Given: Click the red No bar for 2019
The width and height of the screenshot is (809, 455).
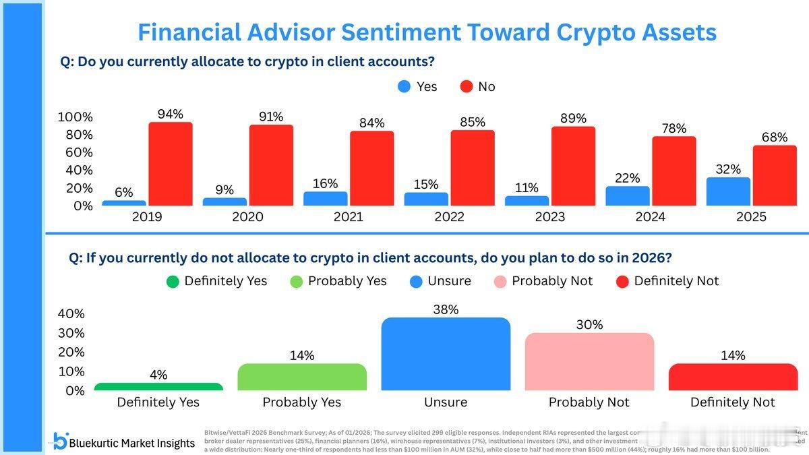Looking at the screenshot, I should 171,164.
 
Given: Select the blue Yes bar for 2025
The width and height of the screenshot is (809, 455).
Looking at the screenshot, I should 728,191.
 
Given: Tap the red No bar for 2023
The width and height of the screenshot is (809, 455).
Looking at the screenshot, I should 573,166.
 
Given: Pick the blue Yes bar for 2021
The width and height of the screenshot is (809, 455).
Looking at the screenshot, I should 326,198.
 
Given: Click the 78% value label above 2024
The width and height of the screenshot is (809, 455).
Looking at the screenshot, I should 673,128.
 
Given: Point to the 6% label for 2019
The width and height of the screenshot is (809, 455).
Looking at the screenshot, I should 123,192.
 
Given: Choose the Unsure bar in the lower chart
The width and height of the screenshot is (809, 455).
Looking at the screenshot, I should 446,354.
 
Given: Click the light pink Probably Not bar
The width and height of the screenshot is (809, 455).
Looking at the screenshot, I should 589,361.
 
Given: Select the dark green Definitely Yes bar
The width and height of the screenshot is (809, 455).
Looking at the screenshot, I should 158,386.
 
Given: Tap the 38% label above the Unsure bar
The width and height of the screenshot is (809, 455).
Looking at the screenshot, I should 446,309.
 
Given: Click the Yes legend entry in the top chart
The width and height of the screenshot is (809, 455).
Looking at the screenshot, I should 417,86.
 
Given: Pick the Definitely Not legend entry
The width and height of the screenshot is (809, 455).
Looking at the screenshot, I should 667,281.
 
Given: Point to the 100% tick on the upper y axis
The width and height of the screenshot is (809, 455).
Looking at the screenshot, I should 75,117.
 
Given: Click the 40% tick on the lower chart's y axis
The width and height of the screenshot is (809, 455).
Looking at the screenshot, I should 71,313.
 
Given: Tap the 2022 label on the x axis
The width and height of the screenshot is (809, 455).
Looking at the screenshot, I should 449,217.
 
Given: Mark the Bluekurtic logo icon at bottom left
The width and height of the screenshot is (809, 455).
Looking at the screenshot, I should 61,442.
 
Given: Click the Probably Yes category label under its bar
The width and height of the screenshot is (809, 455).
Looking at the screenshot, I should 301,402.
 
